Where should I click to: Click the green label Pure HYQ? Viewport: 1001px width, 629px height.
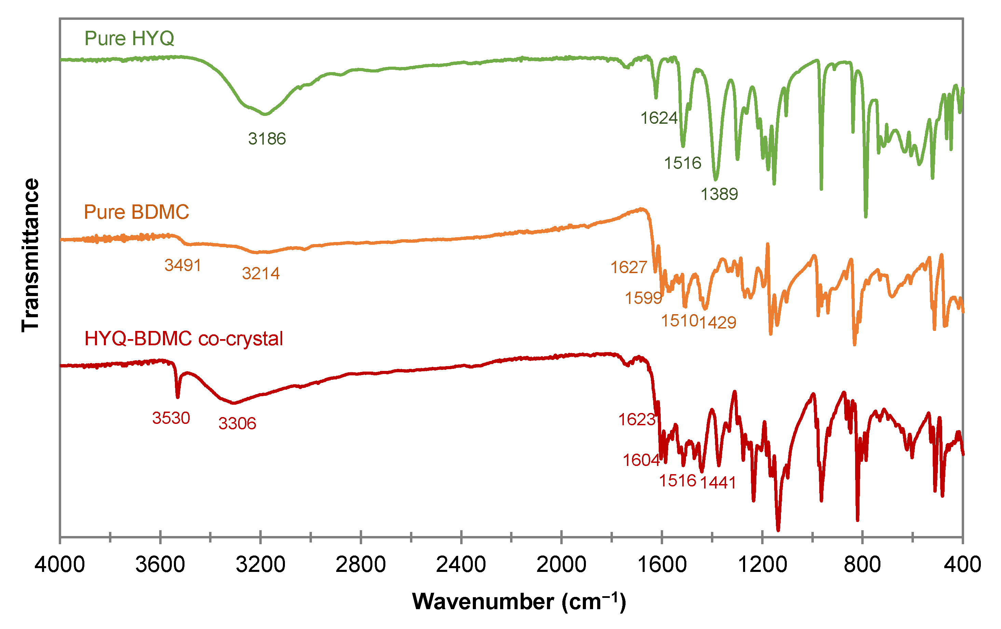[129, 38]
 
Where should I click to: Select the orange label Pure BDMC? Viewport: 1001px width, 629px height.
[136, 212]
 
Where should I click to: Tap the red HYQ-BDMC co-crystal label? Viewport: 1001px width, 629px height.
[183, 339]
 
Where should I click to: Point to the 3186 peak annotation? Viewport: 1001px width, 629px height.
[267, 138]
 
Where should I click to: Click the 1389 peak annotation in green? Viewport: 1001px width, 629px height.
[719, 194]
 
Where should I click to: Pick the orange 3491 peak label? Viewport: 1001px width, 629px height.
[182, 265]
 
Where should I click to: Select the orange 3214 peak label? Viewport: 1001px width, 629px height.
[261, 273]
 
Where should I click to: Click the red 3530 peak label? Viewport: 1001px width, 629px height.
[171, 418]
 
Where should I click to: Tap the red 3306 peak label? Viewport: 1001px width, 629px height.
[237, 424]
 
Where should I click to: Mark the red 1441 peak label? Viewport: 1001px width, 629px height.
[718, 483]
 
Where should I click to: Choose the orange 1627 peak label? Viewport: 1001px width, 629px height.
[629, 267]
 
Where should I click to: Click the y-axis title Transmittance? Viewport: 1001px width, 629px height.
[30, 255]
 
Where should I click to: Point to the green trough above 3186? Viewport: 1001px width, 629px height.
[265, 113]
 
